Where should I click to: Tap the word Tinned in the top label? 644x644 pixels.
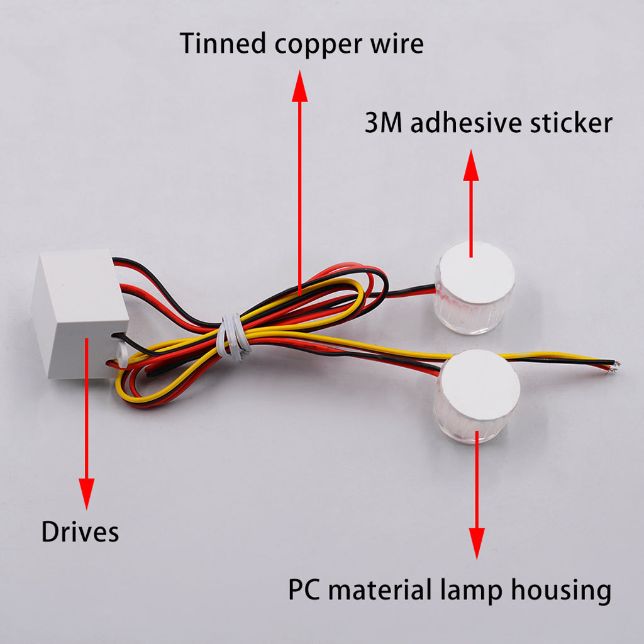pyautogui.click(x=218, y=44)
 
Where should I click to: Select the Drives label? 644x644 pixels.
pyautogui.click(x=80, y=532)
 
